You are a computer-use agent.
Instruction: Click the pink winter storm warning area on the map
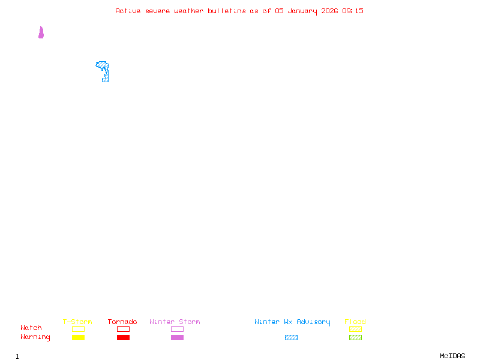pyautogui.click(x=41, y=34)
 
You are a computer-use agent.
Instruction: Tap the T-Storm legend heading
pyautogui.click(x=77, y=322)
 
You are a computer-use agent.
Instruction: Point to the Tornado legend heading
pyautogui.click(x=122, y=322)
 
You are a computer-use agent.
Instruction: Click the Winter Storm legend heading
pyautogui.click(x=175, y=322)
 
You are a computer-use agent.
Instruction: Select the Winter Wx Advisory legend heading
pyautogui.click(x=292, y=322)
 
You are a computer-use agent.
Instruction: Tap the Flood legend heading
pyautogui.click(x=355, y=322)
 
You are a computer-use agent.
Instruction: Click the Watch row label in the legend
pyautogui.click(x=31, y=328)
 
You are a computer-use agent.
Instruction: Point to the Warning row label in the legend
pyautogui.click(x=35, y=337)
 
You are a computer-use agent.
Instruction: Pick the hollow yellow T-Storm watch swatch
pyautogui.click(x=78, y=329)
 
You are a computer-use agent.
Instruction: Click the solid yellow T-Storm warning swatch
pyautogui.click(x=78, y=337)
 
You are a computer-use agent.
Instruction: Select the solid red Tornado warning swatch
pyautogui.click(x=123, y=337)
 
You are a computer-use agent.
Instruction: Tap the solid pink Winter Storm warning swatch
pyautogui.click(x=177, y=337)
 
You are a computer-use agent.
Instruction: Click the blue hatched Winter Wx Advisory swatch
pyautogui.click(x=291, y=337)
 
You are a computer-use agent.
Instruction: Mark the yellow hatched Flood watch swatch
pyautogui.click(x=355, y=329)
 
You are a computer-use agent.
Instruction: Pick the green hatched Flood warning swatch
pyautogui.click(x=355, y=337)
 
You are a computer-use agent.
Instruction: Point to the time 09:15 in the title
pyautogui.click(x=353, y=11)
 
